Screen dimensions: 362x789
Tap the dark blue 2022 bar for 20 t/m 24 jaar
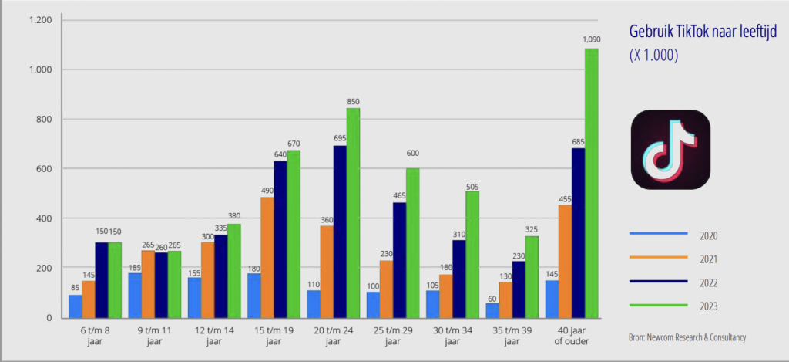pos(340,232)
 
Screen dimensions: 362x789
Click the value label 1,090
pos(591,39)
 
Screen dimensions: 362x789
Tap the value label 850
pos(354,101)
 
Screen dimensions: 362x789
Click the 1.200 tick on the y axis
pos(39,20)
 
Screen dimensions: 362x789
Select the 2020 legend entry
pos(709,235)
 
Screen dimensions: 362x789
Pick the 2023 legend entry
pos(709,306)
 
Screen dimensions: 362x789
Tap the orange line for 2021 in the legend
pos(658,259)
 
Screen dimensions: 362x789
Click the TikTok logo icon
pos(670,150)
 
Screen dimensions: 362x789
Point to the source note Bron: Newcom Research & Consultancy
pos(687,337)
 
